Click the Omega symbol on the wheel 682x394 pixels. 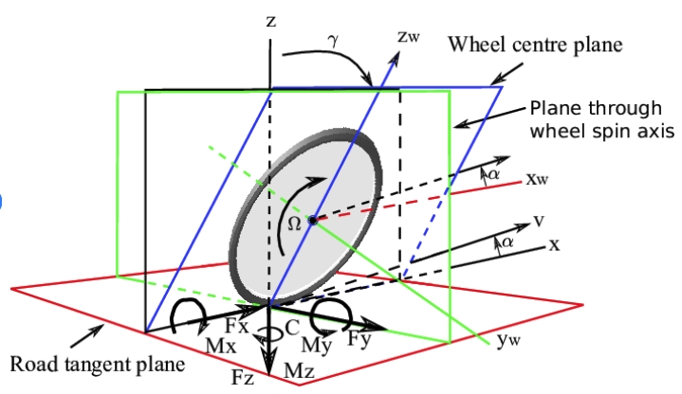pos(293,223)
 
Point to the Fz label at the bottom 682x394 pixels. pos(243,377)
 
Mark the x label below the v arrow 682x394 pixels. pos(553,243)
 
